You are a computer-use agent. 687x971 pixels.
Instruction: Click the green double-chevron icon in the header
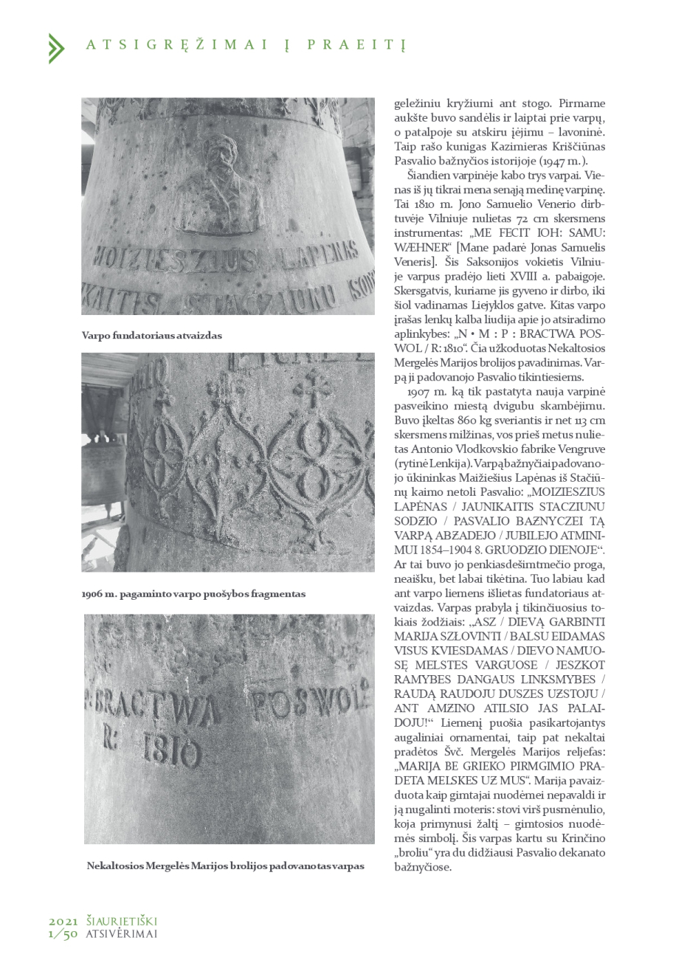[x=56, y=48]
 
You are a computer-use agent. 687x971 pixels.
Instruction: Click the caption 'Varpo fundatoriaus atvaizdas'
[x=151, y=336]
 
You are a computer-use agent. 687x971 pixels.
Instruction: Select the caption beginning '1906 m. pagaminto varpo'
[x=193, y=593]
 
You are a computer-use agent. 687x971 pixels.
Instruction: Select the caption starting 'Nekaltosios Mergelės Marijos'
[x=225, y=865]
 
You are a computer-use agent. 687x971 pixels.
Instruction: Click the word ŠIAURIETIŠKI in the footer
[x=122, y=921]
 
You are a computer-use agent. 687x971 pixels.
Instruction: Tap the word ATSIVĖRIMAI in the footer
[x=122, y=933]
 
